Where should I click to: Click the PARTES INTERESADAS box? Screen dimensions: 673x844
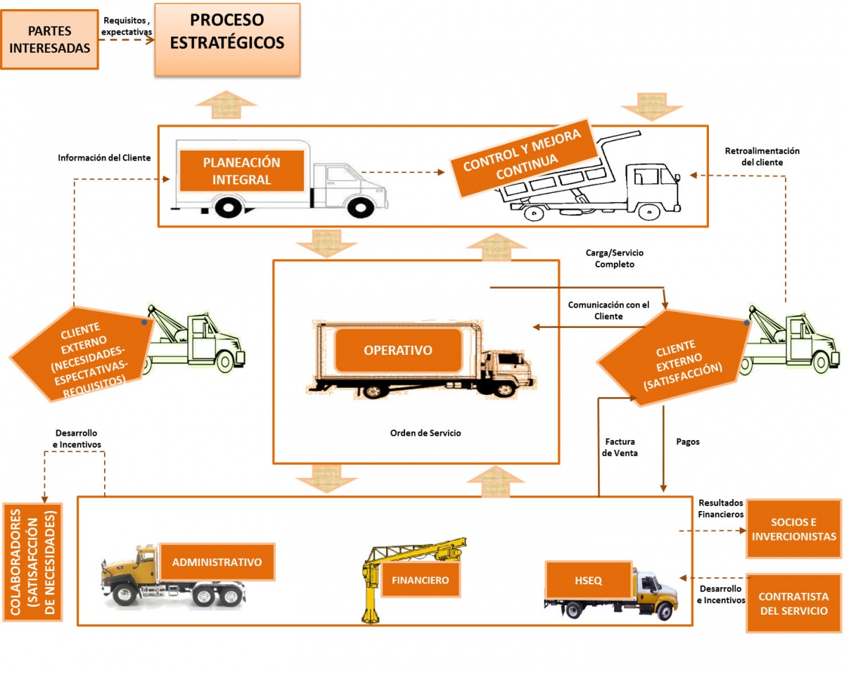(x=49, y=39)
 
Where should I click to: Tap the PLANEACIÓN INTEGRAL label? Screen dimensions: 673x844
(x=241, y=171)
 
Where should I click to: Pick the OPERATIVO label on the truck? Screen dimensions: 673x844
(x=398, y=350)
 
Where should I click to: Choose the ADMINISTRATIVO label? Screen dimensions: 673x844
(x=217, y=562)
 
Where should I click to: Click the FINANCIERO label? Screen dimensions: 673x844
(x=421, y=581)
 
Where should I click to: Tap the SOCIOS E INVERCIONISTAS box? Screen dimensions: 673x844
(x=793, y=529)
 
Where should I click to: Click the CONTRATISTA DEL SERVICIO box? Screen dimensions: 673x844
(x=793, y=603)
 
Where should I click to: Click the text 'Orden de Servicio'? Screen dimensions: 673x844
(x=426, y=433)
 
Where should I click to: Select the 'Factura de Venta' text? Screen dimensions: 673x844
(x=620, y=448)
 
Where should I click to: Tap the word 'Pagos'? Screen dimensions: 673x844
(x=688, y=442)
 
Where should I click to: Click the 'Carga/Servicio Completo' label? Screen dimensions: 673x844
(x=614, y=258)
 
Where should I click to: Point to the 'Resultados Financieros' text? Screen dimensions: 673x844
(x=721, y=509)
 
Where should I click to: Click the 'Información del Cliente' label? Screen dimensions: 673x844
(x=104, y=158)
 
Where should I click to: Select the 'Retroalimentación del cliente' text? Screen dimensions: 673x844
(x=762, y=156)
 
